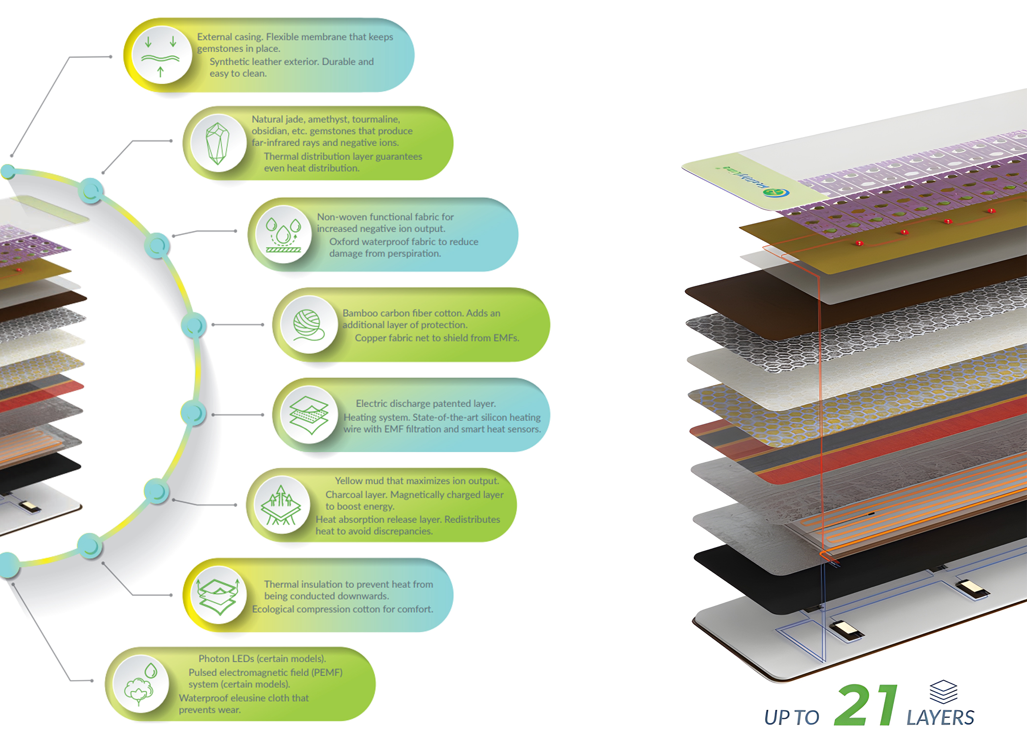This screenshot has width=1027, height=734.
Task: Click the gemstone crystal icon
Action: point(218,143)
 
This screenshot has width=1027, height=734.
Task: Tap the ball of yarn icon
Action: point(309,325)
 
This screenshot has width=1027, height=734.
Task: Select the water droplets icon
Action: point(283,234)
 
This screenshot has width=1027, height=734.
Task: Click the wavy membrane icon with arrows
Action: point(160,55)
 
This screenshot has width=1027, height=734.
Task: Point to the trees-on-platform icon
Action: point(280,505)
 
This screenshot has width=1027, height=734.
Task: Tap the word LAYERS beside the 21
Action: point(940,718)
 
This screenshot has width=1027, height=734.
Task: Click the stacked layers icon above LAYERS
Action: point(943,691)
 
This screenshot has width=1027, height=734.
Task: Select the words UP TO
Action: point(791,718)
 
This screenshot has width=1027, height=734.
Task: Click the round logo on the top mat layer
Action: point(776,192)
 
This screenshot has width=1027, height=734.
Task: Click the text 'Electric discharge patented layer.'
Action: point(425,404)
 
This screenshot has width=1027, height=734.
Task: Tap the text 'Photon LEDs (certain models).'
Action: point(262,659)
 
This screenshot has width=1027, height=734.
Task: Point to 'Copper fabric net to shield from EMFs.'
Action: point(437,338)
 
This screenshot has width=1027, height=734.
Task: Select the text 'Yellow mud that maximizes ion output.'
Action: point(417,481)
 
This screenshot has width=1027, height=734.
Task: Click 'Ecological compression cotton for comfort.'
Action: point(342,609)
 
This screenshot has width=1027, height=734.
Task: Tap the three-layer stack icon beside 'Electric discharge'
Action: point(309,415)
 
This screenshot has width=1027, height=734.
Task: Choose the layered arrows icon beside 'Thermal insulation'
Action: point(218,595)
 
